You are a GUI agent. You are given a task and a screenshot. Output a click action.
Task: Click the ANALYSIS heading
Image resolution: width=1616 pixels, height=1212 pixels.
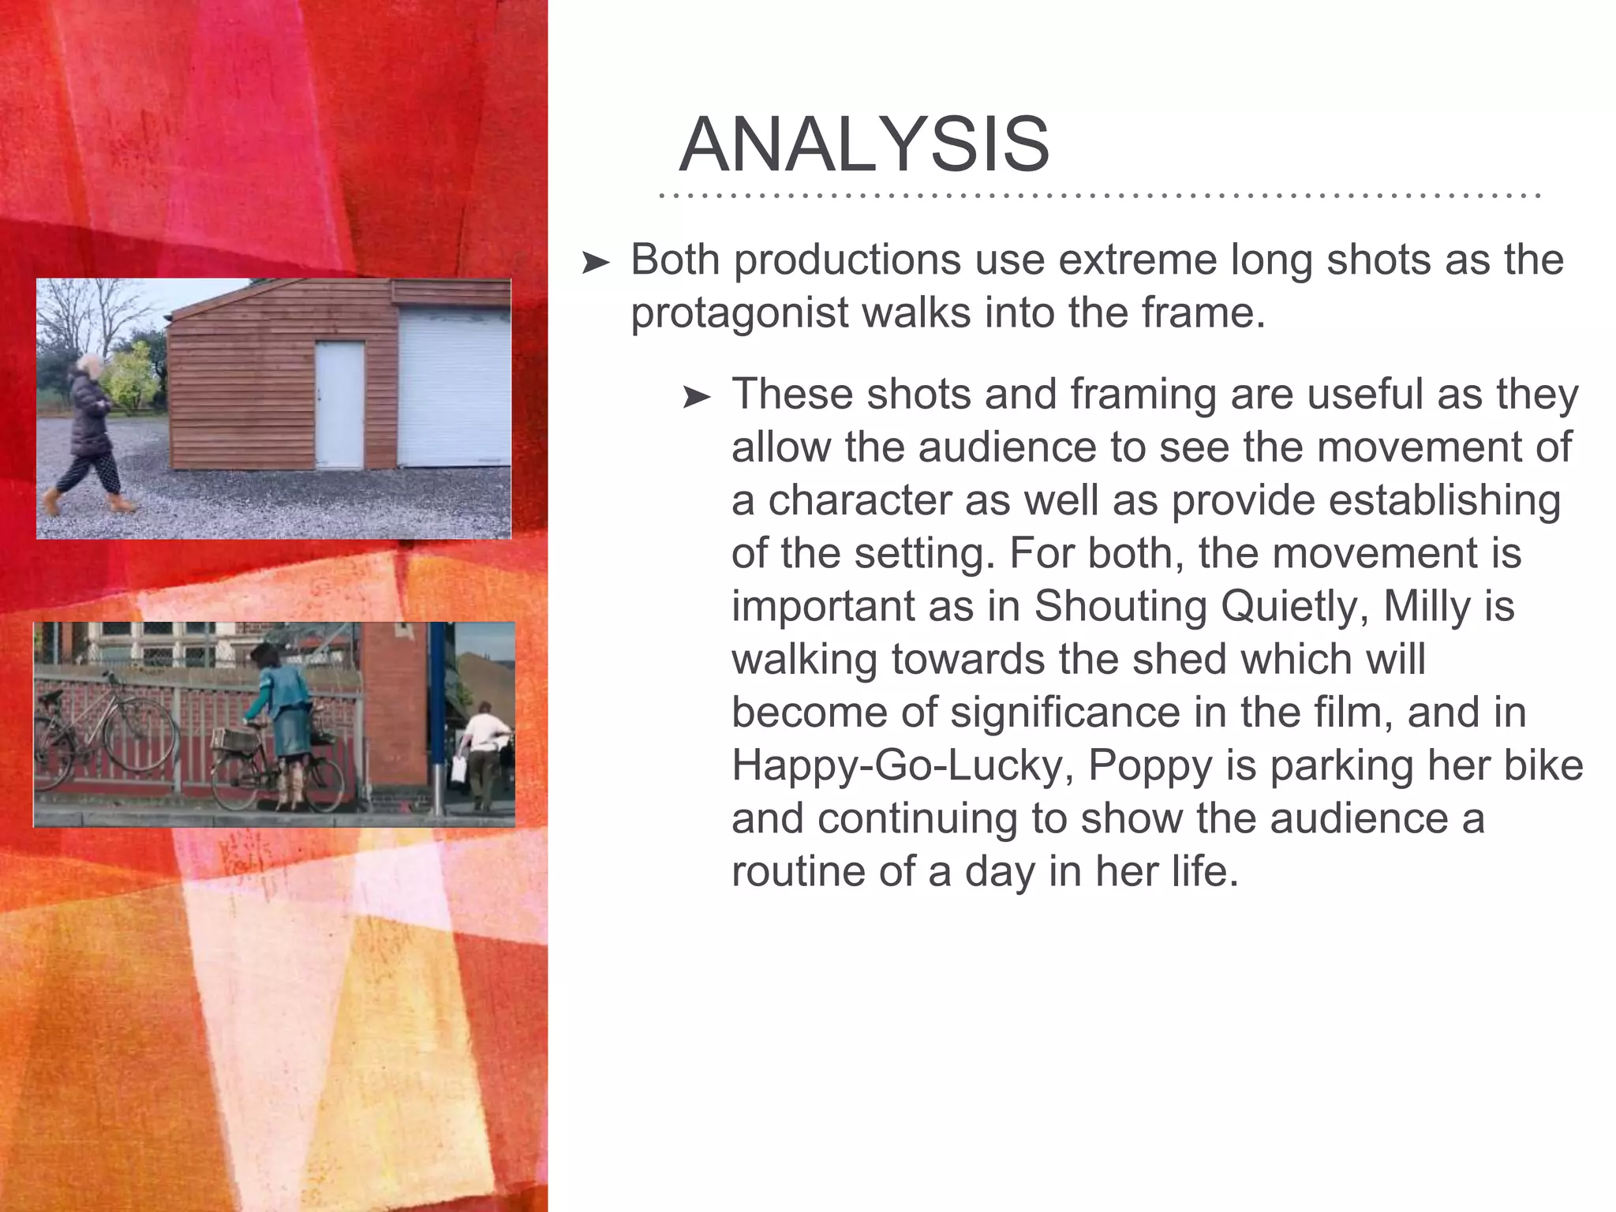click(x=864, y=144)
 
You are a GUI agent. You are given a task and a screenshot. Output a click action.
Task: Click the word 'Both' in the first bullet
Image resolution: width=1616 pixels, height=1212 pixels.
click(x=675, y=260)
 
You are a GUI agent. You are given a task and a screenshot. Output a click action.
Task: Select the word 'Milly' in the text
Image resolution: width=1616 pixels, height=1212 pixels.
click(x=1427, y=606)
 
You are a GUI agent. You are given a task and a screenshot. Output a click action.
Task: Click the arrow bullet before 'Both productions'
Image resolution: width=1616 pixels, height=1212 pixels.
click(x=596, y=263)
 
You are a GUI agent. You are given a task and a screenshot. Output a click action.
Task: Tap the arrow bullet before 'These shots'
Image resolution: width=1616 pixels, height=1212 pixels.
click(x=697, y=397)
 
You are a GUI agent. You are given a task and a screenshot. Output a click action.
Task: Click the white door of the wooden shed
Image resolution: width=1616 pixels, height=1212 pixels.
click(x=340, y=403)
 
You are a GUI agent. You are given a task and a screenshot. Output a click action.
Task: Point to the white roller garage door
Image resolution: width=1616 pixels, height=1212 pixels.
click(x=453, y=387)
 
